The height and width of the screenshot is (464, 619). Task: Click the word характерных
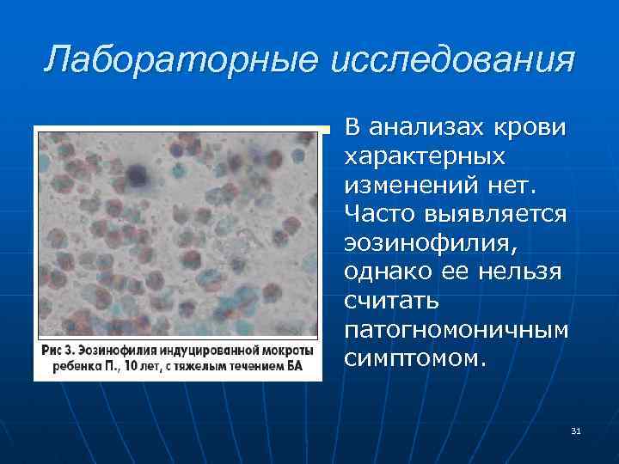coord(424,156)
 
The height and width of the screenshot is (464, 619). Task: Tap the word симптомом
coord(414,357)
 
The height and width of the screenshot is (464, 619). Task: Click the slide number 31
coord(575,430)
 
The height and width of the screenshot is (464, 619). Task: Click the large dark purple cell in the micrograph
coord(136,175)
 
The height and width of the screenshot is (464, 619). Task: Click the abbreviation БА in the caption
coord(294,367)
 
